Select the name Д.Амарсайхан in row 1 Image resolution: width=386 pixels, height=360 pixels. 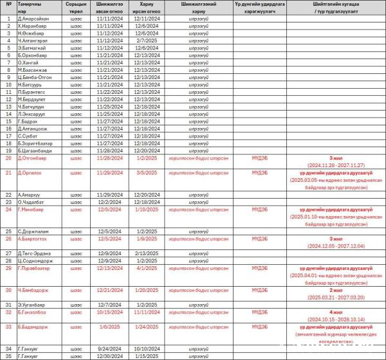[34, 19]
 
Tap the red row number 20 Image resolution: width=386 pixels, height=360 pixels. [8, 157]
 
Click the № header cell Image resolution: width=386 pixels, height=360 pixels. [8, 4]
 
